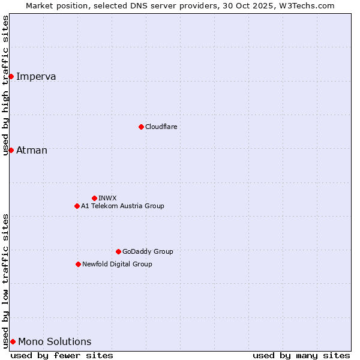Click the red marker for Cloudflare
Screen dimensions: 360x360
point(141,127)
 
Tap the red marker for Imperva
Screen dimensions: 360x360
point(11,76)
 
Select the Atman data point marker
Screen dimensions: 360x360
point(11,150)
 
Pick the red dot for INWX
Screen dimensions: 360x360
point(94,198)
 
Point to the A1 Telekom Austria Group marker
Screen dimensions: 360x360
point(77,206)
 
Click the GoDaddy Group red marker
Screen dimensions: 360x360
point(118,251)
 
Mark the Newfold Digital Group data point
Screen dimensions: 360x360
point(78,264)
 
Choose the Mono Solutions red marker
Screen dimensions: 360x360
point(13,341)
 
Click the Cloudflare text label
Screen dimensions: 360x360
point(161,127)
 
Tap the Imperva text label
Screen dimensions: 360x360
point(36,76)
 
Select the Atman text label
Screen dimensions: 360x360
point(32,150)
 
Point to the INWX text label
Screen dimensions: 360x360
point(107,198)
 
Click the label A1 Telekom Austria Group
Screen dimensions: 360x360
point(122,206)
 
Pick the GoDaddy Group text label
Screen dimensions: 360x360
point(148,251)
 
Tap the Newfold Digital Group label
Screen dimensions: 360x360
point(117,264)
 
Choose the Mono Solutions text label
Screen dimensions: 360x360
point(55,341)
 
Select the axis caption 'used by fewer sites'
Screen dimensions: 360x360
point(62,355)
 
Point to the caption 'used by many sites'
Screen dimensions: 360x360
point(301,355)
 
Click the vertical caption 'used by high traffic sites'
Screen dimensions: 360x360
point(5,85)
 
